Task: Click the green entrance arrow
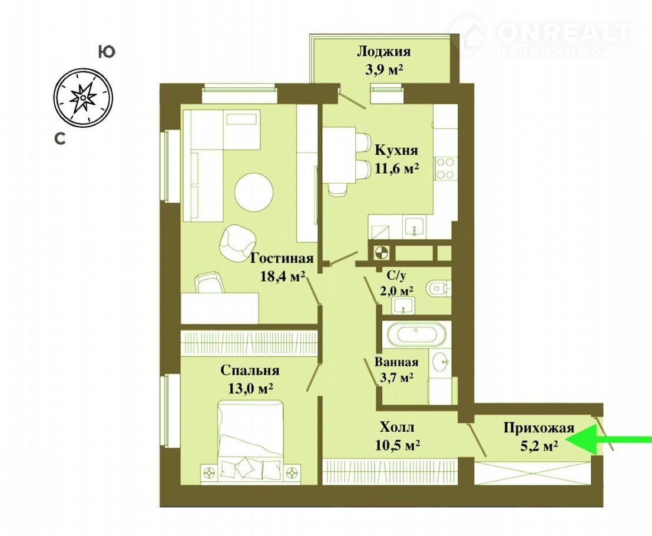click(609, 440)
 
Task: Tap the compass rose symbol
click(83, 97)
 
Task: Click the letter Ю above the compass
click(107, 52)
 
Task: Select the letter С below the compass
click(60, 138)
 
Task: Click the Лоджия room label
click(384, 52)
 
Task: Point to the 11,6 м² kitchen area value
click(397, 169)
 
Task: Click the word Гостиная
click(282, 258)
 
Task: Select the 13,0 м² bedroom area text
click(250, 388)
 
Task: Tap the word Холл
click(397, 427)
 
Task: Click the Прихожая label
click(539, 428)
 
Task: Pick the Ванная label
click(396, 362)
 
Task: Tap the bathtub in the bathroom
click(416, 333)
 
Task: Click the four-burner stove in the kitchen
click(445, 168)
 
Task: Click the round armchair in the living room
click(237, 243)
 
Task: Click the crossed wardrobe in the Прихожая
click(532, 473)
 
